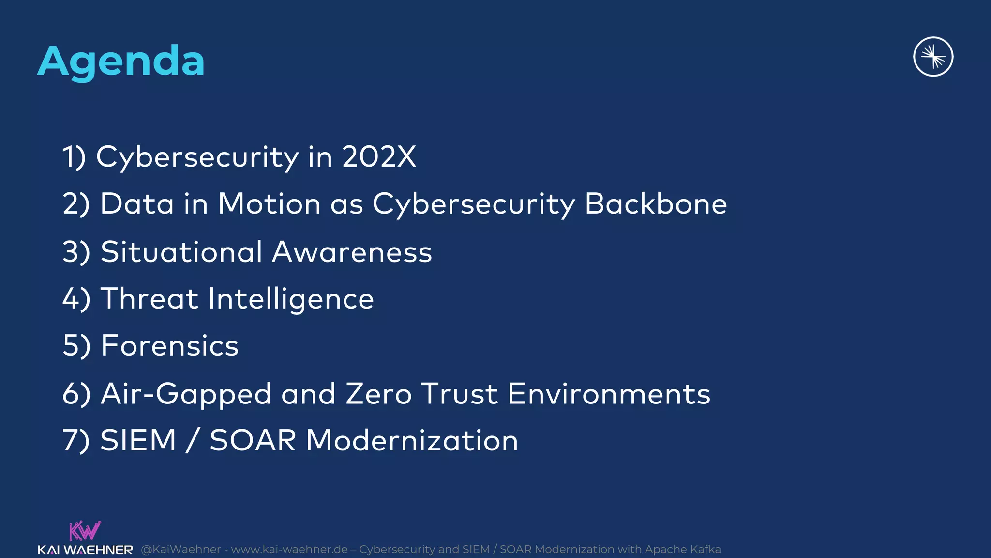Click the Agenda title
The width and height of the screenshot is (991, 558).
tap(121, 61)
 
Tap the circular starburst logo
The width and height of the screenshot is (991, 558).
tap(933, 57)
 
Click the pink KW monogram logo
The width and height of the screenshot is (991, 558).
tap(85, 531)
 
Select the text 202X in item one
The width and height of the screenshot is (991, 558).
tap(379, 156)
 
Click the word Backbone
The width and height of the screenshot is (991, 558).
tap(656, 203)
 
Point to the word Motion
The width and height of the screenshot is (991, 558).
tap(269, 203)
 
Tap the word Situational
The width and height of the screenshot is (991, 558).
tap(181, 252)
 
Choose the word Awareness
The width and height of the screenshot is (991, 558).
tap(352, 252)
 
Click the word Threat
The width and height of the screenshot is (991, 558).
tap(149, 298)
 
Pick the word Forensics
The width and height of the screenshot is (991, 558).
tap(170, 345)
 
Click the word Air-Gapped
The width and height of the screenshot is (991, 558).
tap(186, 394)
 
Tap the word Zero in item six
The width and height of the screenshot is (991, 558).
tap(379, 393)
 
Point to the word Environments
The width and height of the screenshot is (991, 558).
tap(609, 393)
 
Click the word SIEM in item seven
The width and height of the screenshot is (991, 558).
tap(138, 440)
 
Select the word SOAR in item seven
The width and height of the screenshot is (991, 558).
tap(253, 440)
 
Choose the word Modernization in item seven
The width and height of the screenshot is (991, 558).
tap(412, 440)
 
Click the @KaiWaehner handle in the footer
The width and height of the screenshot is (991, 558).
tap(180, 549)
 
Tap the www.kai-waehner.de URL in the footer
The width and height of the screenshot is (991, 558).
tap(289, 549)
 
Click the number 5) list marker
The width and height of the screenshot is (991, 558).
tap(76, 345)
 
